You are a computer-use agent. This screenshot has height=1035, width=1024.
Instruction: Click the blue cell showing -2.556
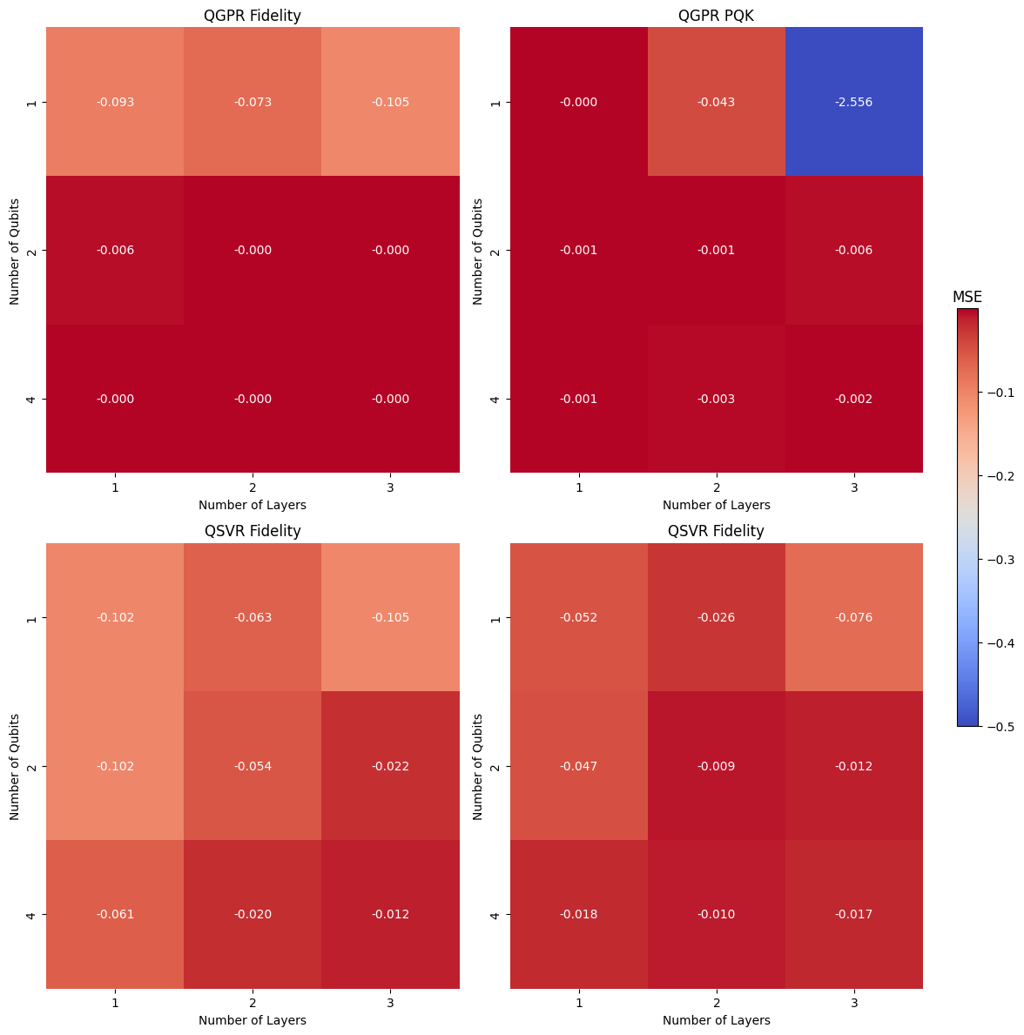(x=853, y=102)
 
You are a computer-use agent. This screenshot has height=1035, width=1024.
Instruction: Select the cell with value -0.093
(x=115, y=102)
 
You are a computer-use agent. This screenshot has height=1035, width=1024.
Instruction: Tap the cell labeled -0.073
(x=253, y=102)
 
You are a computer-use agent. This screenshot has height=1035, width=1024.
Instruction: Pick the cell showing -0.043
(x=716, y=102)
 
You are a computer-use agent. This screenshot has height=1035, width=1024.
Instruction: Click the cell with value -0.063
(x=253, y=617)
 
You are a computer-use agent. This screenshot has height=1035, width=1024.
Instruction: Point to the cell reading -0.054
(x=253, y=766)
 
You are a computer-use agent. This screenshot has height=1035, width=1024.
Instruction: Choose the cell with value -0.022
(x=390, y=766)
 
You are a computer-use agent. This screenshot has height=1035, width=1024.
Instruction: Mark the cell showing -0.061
(x=115, y=914)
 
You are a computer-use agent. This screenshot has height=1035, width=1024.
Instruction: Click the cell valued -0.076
(x=853, y=617)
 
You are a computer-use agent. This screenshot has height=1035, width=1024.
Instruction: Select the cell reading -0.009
(x=716, y=766)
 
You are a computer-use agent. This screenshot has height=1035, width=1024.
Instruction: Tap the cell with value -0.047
(x=578, y=766)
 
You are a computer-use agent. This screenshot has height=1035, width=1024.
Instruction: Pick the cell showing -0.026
(x=716, y=617)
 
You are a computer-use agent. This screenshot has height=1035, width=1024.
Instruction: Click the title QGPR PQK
(x=716, y=16)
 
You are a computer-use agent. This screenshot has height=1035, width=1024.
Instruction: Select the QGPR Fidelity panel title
(x=253, y=16)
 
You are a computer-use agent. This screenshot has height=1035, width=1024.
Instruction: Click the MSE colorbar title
(x=967, y=297)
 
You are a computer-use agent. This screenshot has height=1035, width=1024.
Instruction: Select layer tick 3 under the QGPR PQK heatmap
(x=853, y=487)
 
